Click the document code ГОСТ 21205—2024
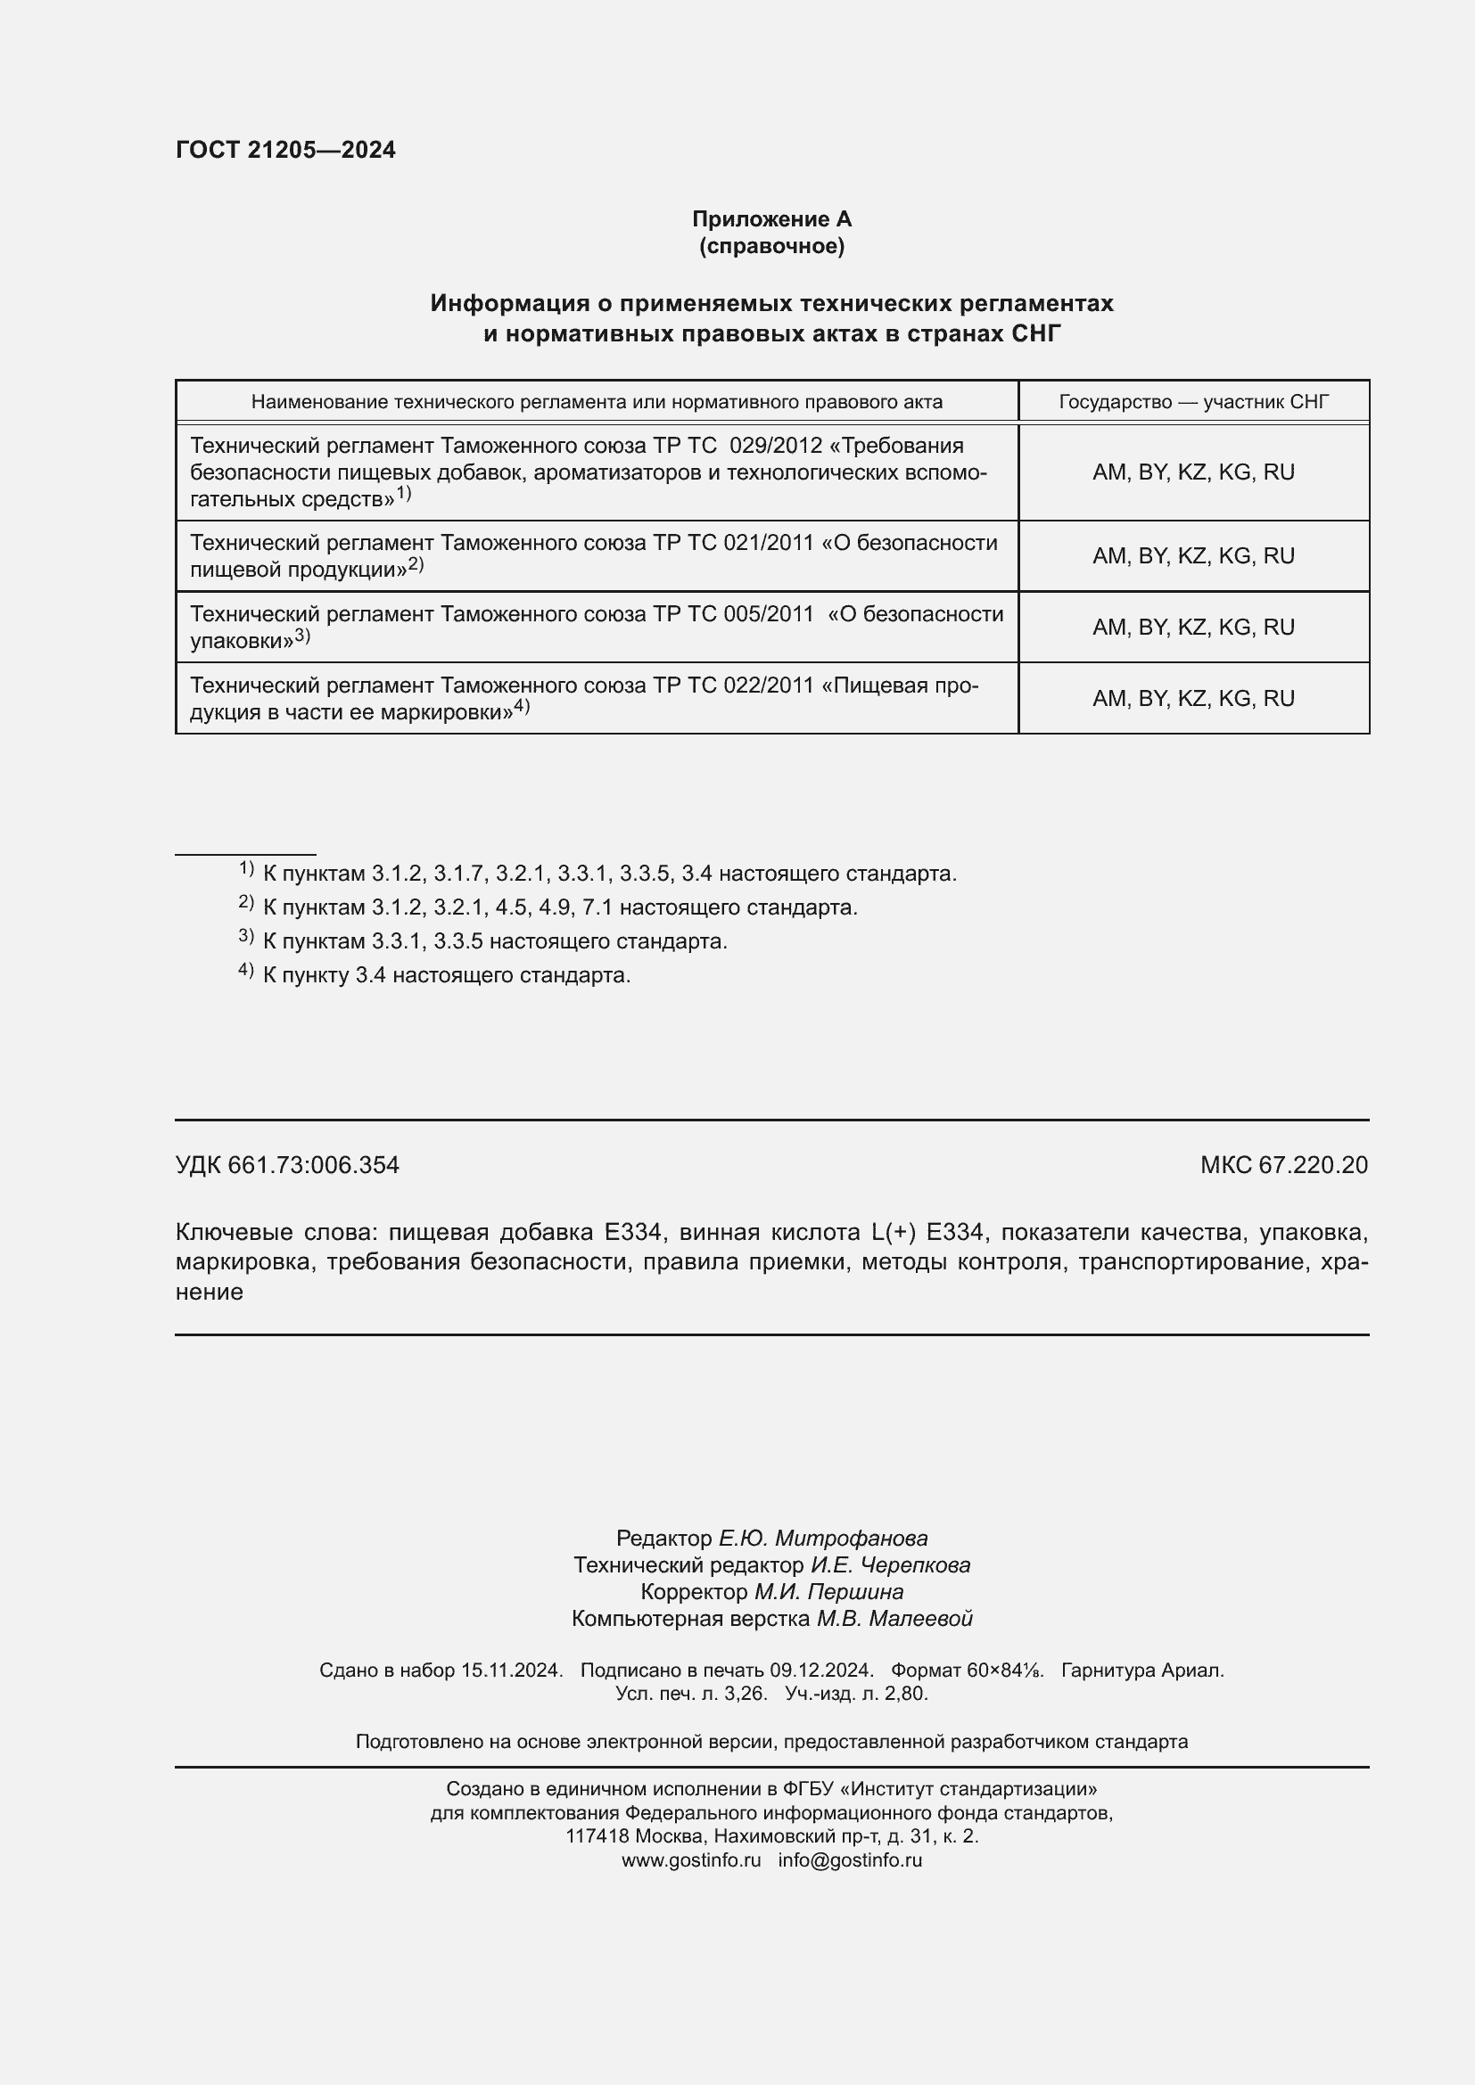[285, 150]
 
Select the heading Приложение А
[771, 219]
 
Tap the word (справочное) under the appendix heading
[771, 246]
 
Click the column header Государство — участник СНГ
[1193, 401]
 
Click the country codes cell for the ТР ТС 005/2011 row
[1192, 628]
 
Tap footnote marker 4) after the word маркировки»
[522, 707]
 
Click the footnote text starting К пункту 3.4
[446, 975]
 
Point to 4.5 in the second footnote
[511, 907]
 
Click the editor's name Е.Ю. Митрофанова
[823, 1539]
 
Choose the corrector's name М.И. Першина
[828, 1592]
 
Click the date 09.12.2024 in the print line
[821, 1670]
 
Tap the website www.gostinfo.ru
[691, 1859]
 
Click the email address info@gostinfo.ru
[849, 1859]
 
